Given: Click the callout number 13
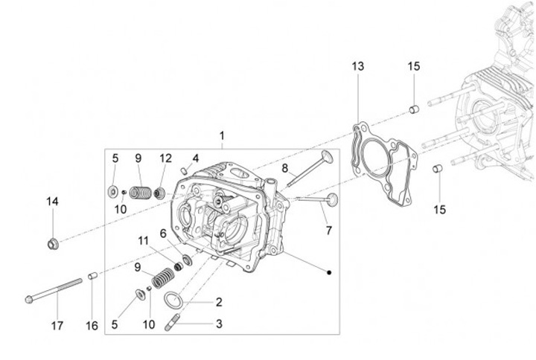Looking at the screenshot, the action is click(x=358, y=66).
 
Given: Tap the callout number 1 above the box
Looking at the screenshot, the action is click(x=221, y=136).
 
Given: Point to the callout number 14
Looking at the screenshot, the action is click(x=52, y=202).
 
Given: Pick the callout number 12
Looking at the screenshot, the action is click(x=165, y=158).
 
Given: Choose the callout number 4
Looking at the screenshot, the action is click(x=196, y=158).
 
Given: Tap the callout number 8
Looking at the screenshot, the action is click(x=284, y=168).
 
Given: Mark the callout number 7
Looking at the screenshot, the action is click(x=328, y=231).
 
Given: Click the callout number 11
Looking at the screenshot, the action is click(x=143, y=240).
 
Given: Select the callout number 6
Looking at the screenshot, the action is click(x=162, y=233).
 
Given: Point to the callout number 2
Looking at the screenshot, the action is click(x=219, y=303).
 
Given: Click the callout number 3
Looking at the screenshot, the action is click(x=219, y=324).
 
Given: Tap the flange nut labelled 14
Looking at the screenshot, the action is click(x=53, y=243).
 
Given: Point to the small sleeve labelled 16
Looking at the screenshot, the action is click(x=92, y=277).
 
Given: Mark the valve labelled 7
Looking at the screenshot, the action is click(x=316, y=199).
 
